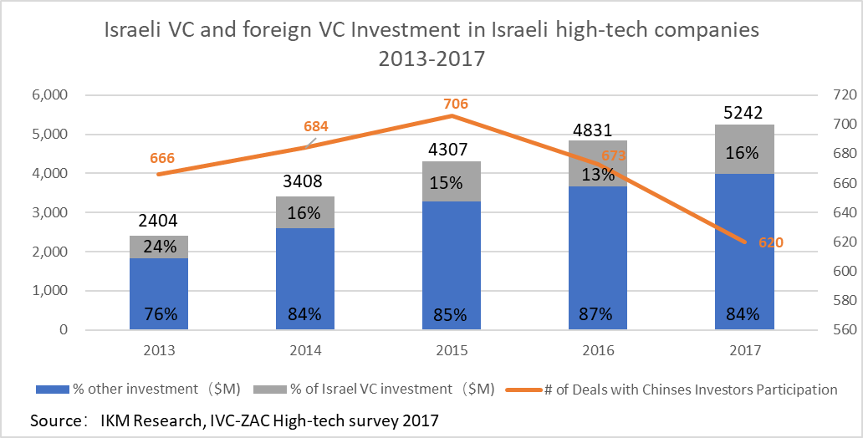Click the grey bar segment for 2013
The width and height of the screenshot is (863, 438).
(159, 247)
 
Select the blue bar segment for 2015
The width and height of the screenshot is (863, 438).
(452, 266)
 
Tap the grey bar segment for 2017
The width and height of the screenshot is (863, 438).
(744, 149)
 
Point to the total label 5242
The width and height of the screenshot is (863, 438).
(743, 113)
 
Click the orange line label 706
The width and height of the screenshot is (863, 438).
(456, 104)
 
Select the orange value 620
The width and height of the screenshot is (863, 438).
(770, 242)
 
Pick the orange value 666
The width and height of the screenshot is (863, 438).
(162, 159)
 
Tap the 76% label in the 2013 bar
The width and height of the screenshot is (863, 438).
(161, 314)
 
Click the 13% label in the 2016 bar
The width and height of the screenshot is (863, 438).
(598, 175)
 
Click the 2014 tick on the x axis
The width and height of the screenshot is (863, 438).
(305, 350)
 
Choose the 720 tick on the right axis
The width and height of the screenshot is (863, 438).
(830, 94)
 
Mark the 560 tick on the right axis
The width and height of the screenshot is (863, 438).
(830, 330)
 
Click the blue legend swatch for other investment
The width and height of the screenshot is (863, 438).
(53, 390)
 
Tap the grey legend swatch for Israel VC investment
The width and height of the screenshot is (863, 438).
(270, 390)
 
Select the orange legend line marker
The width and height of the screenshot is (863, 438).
(524, 390)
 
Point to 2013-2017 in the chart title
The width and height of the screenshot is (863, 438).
(431, 58)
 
